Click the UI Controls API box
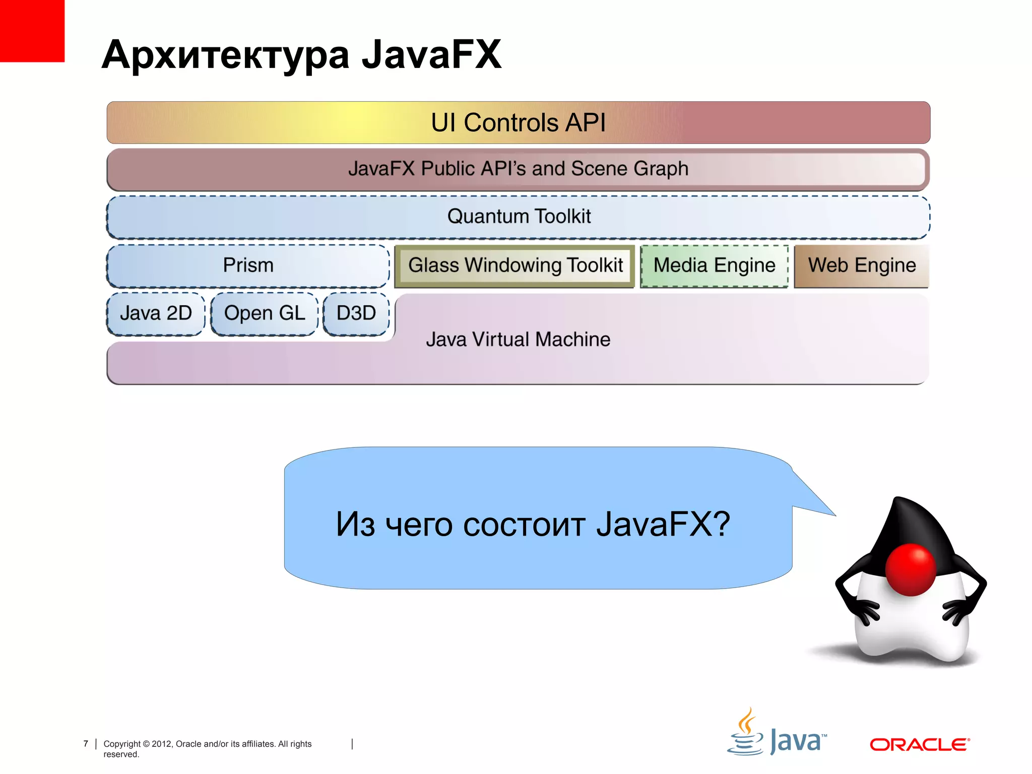[518, 122]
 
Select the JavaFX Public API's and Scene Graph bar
[518, 169]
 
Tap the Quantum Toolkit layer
[518, 217]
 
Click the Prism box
[248, 266]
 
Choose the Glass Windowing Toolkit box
[515, 266]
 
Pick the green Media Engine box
[714, 266]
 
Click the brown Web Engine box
[862, 266]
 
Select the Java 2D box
[156, 313]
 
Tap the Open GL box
[265, 313]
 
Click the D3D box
[356, 313]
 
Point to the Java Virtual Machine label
[518, 340]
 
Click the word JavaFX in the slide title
[431, 54]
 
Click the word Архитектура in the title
[225, 55]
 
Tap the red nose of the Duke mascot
[911, 569]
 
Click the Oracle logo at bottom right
[919, 744]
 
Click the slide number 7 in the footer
[86, 744]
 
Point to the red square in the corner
[32, 30]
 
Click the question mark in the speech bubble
[721, 524]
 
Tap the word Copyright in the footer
[122, 744]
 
